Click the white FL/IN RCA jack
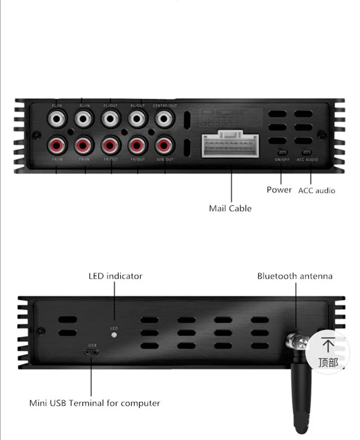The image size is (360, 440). pos(56,119)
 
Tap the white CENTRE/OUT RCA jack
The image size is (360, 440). pos(163,119)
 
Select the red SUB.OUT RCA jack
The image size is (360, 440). pos(163,145)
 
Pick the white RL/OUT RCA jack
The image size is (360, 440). pos(137,119)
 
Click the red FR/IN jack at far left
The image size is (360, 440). pos(56,145)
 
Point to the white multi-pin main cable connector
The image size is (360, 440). pos(230,145)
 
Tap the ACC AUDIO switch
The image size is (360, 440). pos(307,153)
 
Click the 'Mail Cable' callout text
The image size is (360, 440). pos(230,208)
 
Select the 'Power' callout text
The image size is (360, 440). pos(279,190)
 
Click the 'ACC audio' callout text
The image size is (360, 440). pos(316,191)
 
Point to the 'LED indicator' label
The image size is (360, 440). pos(115,276)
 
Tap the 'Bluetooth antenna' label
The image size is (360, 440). pos(294,276)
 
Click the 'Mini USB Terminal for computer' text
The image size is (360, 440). pos(94,403)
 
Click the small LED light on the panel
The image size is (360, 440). pos(114,335)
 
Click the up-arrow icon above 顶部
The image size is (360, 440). pos(328,344)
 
